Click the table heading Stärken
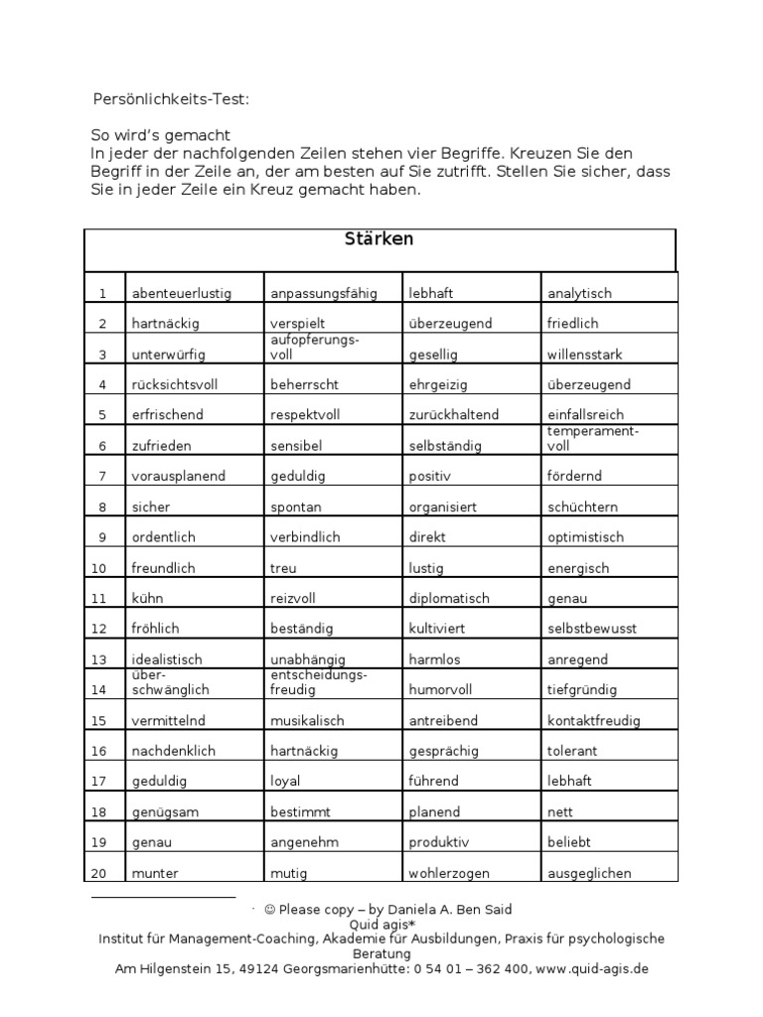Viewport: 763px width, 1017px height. (379, 239)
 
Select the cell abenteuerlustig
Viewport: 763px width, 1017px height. (181, 293)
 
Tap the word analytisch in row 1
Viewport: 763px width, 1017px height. (579, 293)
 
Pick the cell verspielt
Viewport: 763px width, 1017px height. (297, 324)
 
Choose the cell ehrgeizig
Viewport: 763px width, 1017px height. (437, 384)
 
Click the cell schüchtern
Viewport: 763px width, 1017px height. (582, 507)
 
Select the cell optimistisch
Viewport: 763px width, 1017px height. (585, 537)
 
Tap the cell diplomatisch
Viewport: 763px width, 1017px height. (449, 599)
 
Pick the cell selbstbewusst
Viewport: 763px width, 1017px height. (592, 629)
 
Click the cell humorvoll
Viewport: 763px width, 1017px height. (441, 689)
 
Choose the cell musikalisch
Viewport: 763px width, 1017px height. (307, 720)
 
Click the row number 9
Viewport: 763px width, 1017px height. (101, 537)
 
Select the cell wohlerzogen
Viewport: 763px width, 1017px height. (449, 874)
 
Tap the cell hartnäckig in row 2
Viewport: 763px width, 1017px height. (165, 324)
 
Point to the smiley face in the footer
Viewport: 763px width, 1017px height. (270, 910)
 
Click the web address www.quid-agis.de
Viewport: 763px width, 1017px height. (592, 968)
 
